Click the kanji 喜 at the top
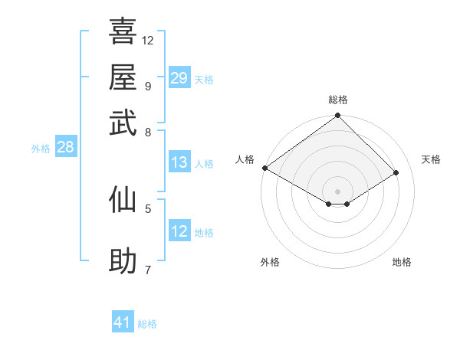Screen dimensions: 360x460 coord(123,31)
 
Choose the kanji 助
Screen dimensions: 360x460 coord(123,261)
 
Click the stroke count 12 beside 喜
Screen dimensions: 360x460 coord(148,40)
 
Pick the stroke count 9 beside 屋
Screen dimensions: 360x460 coord(148,85)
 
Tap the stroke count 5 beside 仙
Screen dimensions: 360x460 coord(148,208)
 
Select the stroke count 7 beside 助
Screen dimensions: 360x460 coord(148,270)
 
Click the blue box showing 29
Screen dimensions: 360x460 coord(179,78)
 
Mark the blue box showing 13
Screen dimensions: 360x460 coord(179,162)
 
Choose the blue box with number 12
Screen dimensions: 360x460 coord(179,231)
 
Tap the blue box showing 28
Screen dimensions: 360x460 coord(65,148)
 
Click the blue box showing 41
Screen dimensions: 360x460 coord(123,322)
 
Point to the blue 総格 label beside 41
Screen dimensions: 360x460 coord(147,324)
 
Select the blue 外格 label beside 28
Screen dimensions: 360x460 coord(41,149)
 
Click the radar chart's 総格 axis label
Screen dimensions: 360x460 coord(338,100)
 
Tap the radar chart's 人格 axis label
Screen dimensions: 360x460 coord(245,159)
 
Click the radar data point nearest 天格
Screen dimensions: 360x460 coord(397,173)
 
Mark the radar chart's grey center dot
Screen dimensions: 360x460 coord(338,191)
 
